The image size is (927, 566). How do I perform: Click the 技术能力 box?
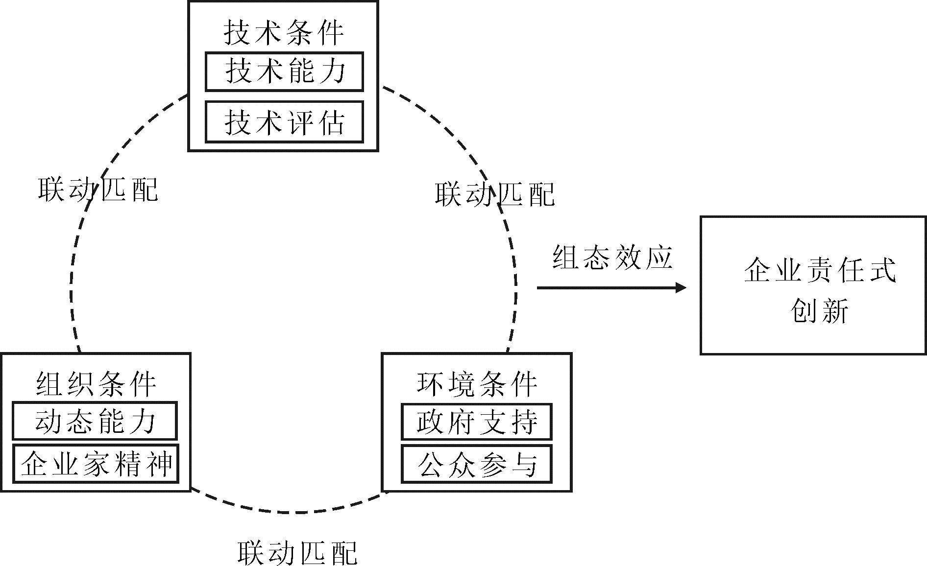(284, 71)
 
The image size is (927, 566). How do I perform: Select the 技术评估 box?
(284, 122)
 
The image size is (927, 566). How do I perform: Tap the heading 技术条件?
(284, 33)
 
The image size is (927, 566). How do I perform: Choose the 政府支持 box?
(476, 422)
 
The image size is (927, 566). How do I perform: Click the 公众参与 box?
(476, 464)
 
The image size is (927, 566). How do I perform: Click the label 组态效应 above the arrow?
(612, 257)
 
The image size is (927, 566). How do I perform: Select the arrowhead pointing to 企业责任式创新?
(681, 287)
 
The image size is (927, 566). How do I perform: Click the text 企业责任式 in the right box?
(819, 269)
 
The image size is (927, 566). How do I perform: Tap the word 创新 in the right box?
(819, 310)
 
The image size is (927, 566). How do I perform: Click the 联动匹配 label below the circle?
(297, 552)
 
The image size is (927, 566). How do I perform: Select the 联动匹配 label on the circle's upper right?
(495, 194)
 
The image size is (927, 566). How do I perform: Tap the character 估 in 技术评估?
(331, 122)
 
